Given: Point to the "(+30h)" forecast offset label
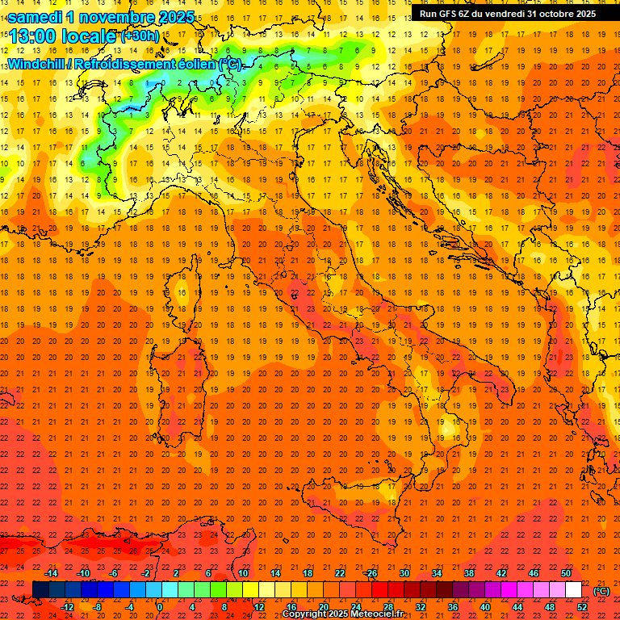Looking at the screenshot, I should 140,36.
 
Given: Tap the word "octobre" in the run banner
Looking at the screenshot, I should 551,14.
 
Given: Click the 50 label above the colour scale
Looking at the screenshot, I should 566,573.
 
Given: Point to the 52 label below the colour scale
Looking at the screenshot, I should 582,607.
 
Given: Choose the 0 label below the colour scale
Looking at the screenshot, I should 159,607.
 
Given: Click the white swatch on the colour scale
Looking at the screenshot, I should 574,590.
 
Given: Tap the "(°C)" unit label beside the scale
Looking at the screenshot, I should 601,591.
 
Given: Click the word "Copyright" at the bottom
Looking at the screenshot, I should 306,614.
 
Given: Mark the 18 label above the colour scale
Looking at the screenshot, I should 308,573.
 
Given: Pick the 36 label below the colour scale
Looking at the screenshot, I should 453,607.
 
